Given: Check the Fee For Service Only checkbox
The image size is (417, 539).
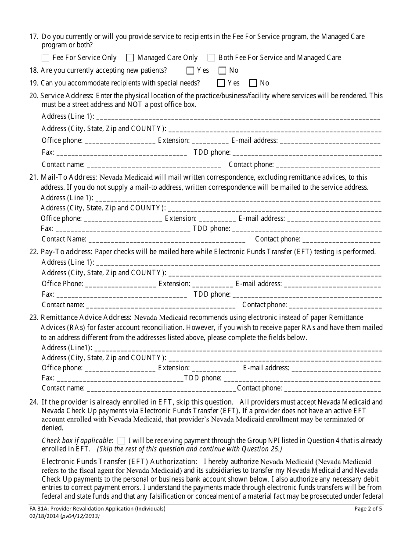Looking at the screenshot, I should click(x=45, y=58).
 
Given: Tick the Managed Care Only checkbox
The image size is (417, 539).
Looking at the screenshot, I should click(x=130, y=58).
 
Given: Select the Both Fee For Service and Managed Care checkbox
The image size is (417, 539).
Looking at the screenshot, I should click(x=211, y=58).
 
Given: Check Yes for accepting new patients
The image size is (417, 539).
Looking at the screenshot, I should click(x=190, y=71).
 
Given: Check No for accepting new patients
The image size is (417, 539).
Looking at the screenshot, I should click(x=222, y=71).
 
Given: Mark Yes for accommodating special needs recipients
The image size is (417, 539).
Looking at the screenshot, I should click(x=221, y=83).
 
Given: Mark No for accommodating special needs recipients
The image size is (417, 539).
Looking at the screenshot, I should click(x=253, y=83).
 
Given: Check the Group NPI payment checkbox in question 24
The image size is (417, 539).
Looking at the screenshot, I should click(x=122, y=441).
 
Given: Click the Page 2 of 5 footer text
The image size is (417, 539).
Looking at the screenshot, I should click(x=369, y=509).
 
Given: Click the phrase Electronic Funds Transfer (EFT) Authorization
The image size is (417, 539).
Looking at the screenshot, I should click(x=119, y=461).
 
